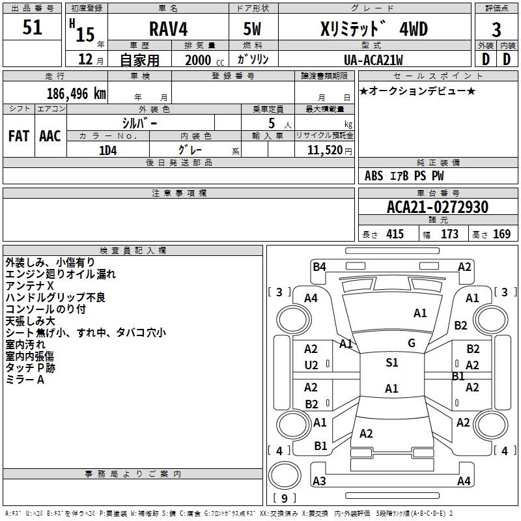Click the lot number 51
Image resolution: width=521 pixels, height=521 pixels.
click(32, 27)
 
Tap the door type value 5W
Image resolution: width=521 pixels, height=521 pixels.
click(253, 30)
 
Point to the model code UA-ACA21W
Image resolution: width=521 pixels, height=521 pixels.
click(373, 60)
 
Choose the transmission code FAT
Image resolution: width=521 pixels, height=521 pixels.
click(18, 135)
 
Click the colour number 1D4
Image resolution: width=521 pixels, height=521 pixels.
click(107, 149)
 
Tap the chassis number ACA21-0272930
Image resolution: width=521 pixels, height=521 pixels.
click(437, 208)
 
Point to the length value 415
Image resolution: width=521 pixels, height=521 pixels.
click(393, 234)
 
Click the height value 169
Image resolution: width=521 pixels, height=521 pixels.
click(501, 234)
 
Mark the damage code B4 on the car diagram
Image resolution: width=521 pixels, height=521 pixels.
click(319, 266)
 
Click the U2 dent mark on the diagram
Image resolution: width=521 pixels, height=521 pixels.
click(311, 366)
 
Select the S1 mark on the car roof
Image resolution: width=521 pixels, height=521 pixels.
click(391, 363)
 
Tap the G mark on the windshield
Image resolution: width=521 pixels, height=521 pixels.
click(412, 343)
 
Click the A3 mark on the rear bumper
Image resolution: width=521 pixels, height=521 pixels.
click(319, 481)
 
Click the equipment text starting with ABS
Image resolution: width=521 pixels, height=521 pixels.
click(405, 176)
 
